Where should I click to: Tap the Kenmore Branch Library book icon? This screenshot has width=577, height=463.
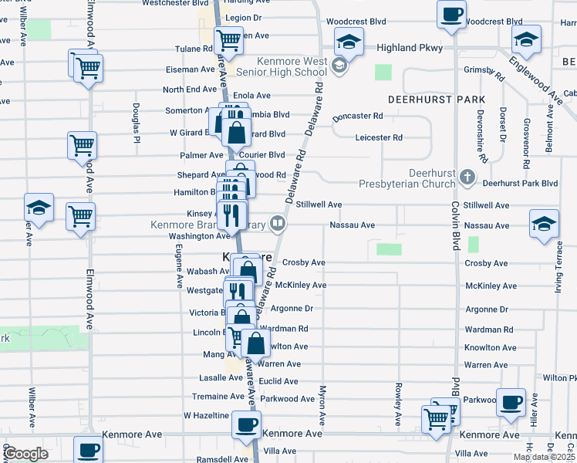278,225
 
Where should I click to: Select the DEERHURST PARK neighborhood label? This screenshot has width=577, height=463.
437,100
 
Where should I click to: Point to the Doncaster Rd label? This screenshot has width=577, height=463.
357,117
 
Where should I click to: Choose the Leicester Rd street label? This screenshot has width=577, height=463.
379,138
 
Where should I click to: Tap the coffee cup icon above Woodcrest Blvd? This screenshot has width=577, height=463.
451,13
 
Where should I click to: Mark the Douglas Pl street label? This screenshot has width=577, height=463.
136,123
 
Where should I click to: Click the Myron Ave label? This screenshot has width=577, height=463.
322,404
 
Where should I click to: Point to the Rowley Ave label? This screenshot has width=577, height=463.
398,404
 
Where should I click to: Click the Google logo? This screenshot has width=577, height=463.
25,454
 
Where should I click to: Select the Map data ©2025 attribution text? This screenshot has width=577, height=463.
544,457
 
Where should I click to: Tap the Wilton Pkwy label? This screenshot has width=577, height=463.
559,378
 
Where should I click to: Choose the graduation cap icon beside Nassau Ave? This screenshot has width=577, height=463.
544,224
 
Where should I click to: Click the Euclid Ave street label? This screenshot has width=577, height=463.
279,381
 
